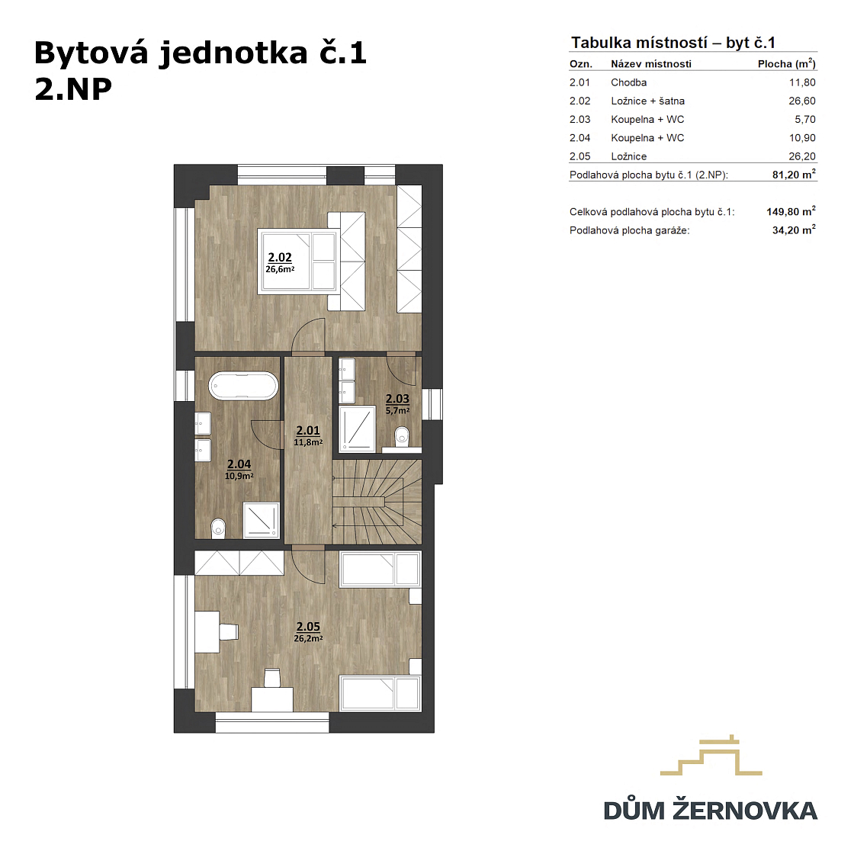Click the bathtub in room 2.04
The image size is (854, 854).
tap(243, 386)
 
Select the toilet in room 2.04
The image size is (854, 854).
tap(218, 528)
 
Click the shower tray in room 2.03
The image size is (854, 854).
tap(357, 429)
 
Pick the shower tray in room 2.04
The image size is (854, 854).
tap(261, 519)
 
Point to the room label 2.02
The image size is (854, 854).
tap(279, 257)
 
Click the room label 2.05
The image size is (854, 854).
tap(308, 627)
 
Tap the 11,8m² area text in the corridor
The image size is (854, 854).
tap(308, 442)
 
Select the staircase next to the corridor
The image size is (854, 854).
tap(377, 502)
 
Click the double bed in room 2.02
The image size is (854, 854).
tap(311, 261)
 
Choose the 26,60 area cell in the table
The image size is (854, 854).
tap(801, 101)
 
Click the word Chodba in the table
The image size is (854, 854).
tap(628, 82)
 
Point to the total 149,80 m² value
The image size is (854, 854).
tap(791, 211)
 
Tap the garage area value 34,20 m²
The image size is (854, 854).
tap(794, 230)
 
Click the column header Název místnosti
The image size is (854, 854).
tap(651, 64)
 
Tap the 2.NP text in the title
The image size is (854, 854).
tap(73, 89)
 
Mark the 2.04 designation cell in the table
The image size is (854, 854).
tap(579, 138)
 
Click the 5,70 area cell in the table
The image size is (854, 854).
tap(805, 119)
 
